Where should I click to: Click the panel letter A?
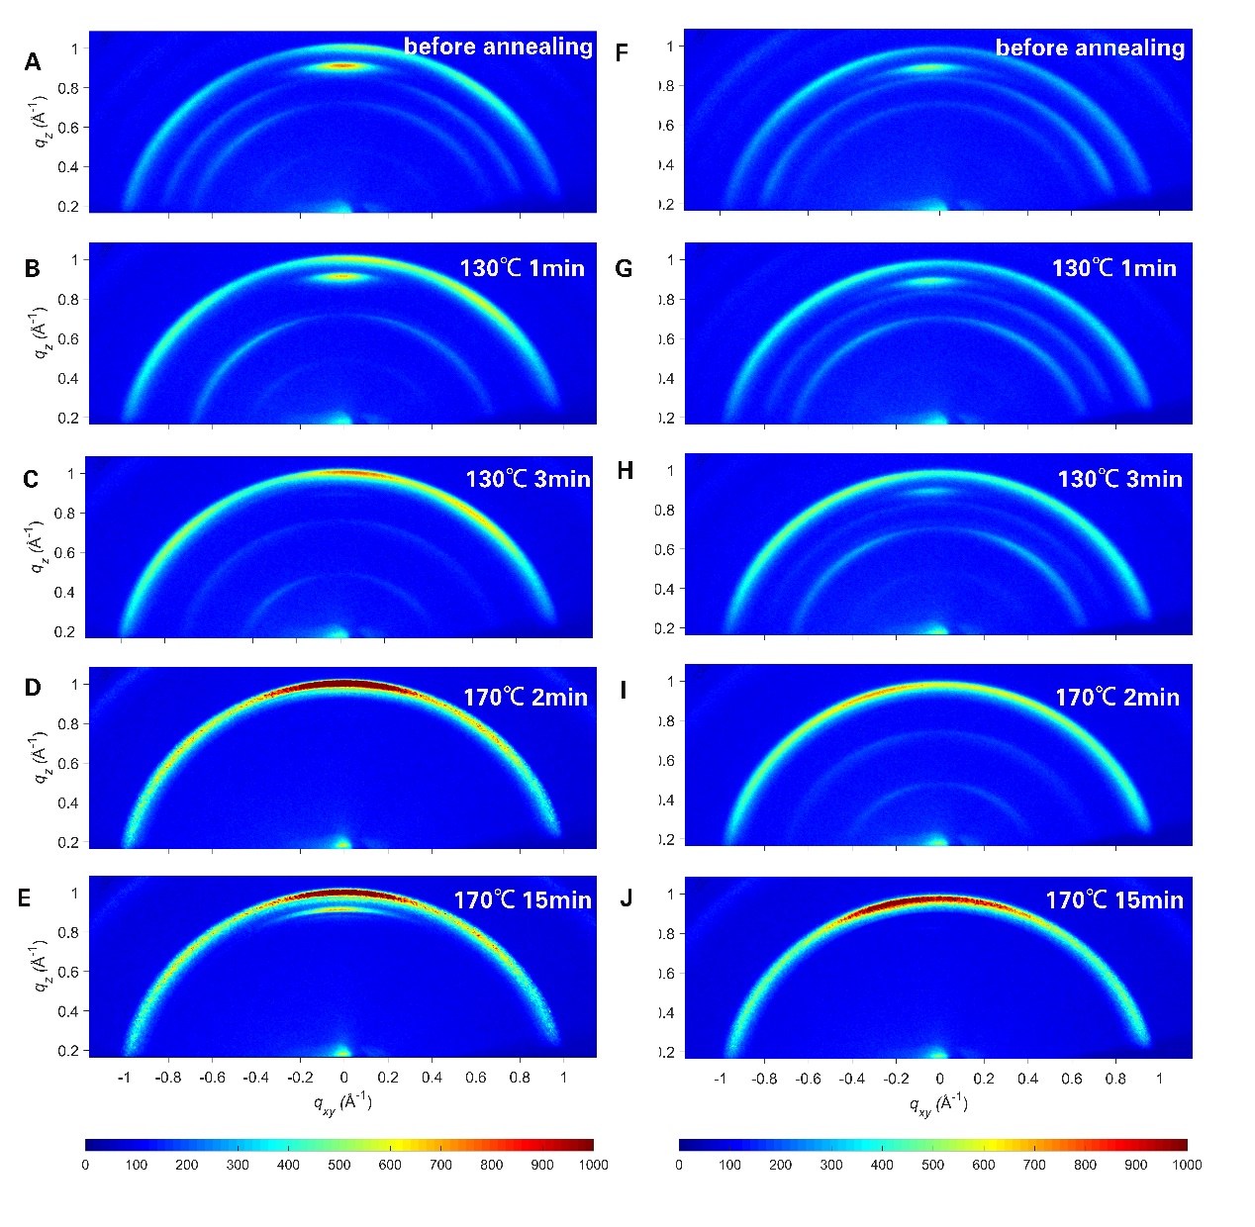(33, 62)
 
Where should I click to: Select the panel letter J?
(626, 898)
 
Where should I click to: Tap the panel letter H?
(625, 471)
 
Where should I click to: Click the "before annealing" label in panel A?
(498, 47)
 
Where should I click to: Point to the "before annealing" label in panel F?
(1090, 47)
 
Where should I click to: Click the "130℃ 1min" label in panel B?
(522, 268)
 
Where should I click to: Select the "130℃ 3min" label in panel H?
(1119, 479)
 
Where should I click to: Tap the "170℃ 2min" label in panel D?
(525, 697)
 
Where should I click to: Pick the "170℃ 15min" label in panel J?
(1114, 899)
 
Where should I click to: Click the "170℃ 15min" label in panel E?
(523, 899)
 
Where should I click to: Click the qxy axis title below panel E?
(342, 1102)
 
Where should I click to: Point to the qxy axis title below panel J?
(938, 1102)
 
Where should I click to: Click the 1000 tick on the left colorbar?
(593, 1165)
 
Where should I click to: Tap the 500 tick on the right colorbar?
(933, 1165)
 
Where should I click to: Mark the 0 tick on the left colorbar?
(85, 1165)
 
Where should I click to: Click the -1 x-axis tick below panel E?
(124, 1078)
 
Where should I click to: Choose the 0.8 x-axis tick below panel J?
(1115, 1079)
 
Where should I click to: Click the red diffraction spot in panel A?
(342, 66)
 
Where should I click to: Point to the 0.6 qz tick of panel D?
(67, 763)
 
